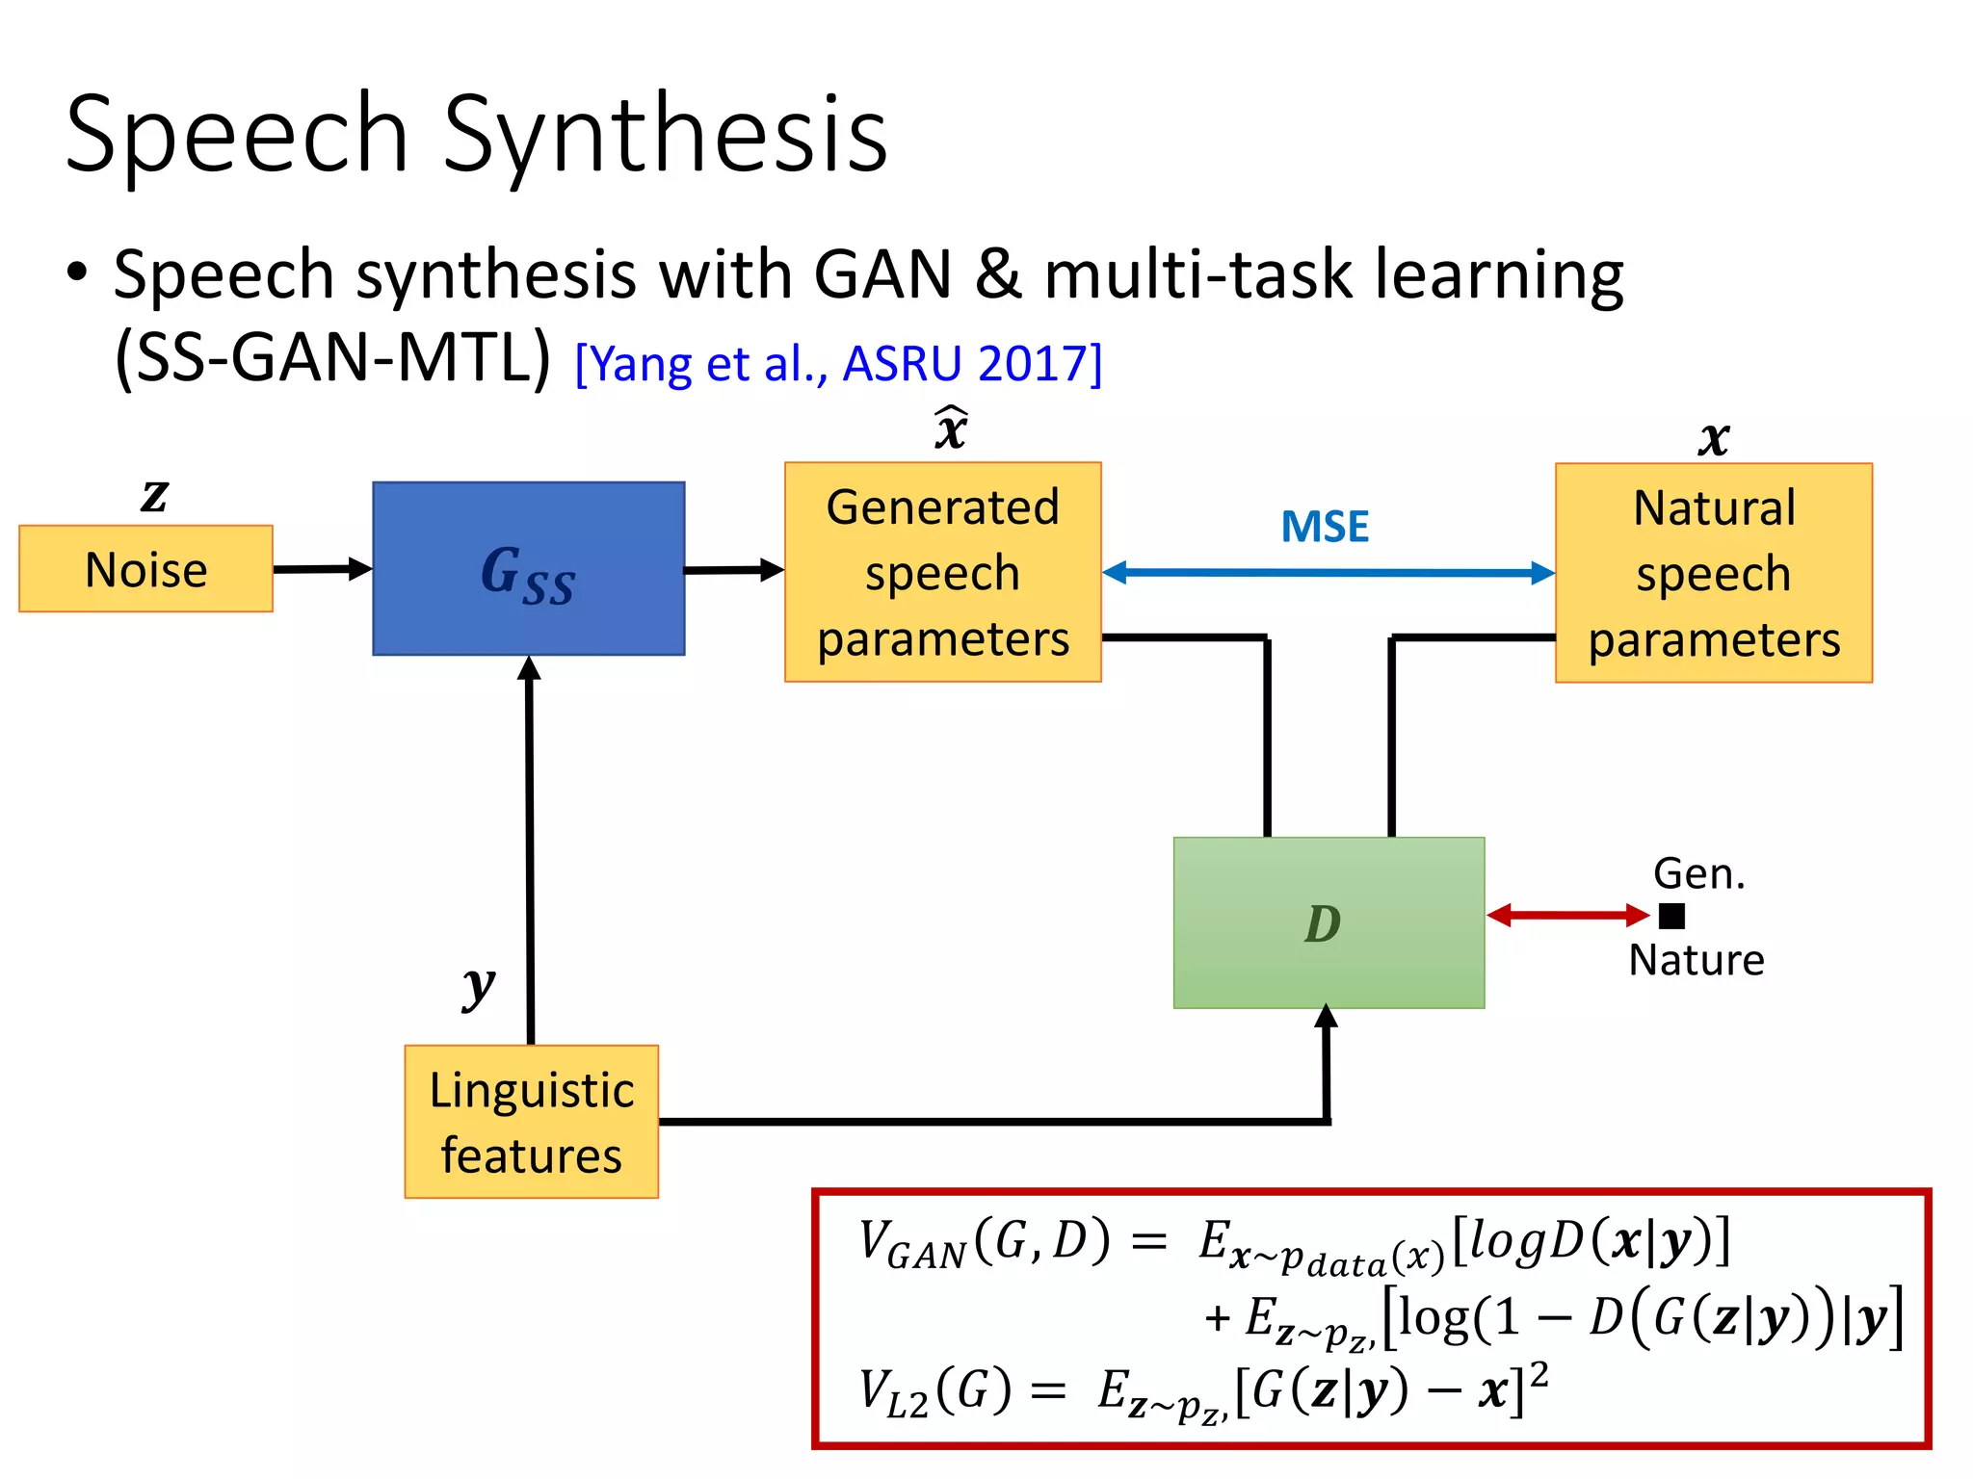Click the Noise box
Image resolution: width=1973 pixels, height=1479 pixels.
coord(145,569)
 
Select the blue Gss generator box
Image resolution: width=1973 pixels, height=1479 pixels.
coord(528,569)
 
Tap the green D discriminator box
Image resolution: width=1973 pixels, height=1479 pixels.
coord(1328,922)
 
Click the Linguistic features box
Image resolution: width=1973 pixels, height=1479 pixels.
coord(531,1122)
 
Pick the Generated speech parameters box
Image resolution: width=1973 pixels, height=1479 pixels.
coord(942,572)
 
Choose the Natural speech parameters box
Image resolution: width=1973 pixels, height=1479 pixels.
coord(1713,573)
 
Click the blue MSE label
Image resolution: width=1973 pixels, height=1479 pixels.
coord(1325,527)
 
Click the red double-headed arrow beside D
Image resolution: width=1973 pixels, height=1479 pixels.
coord(1567,915)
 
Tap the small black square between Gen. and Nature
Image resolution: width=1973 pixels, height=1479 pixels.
coord(1671,916)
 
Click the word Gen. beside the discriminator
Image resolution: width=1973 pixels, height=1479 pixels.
coord(1698,873)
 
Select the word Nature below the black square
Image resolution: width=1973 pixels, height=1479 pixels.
coord(1696,960)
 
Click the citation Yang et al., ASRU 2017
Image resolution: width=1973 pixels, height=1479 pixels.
coord(838,364)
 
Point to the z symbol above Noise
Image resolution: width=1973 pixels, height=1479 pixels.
coord(154,496)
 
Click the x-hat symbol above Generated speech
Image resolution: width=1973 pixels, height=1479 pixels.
coord(951,429)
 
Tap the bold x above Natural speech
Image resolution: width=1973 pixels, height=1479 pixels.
coord(1713,439)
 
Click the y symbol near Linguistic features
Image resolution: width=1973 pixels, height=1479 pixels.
coord(478,986)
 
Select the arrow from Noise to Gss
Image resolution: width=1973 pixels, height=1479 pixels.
coord(322,569)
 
